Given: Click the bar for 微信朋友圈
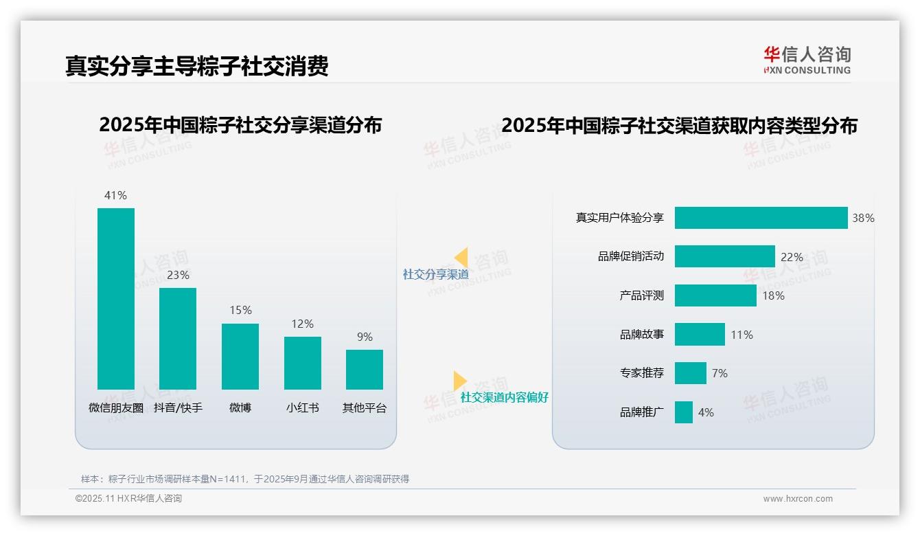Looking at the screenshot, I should coord(116,298).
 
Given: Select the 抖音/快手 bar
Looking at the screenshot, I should coord(178,338).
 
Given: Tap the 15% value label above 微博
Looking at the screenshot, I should coord(240,311).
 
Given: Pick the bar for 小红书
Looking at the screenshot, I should coord(303,363).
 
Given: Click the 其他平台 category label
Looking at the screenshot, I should coord(365,408).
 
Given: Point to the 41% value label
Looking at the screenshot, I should coord(115,196).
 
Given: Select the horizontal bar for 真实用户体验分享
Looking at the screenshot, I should coord(761,218).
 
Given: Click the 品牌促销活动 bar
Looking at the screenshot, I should coord(724,256).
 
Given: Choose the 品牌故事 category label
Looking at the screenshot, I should coord(642,335).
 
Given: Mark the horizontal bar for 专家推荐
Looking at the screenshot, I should coord(690,373).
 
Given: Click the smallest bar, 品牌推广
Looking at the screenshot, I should coord(684,412).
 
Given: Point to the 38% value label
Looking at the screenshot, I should coord(863,219).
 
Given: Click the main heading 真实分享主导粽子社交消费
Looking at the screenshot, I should coord(197,66).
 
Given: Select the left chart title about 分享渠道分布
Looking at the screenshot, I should coord(240,125).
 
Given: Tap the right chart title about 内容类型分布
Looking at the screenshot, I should coord(679,126).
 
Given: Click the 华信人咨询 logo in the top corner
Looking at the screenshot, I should coord(807,60).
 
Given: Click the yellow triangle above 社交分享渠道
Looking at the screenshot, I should coord(461,257).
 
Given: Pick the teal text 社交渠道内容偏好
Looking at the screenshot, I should coord(504,398).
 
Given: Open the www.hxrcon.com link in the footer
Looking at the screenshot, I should coord(797,499).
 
